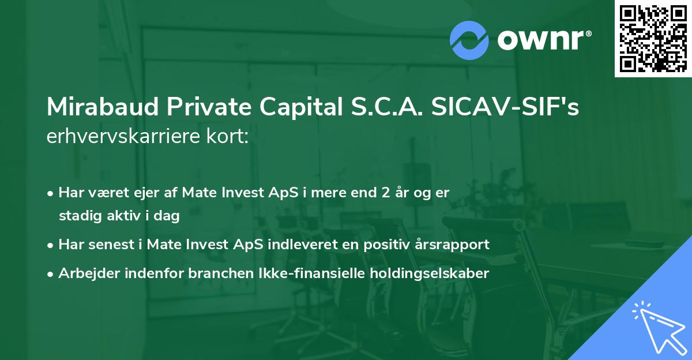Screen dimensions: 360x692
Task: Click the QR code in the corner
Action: (653, 39)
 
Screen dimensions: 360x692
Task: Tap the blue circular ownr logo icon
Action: (469, 40)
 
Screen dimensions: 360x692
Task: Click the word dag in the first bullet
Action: (168, 216)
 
